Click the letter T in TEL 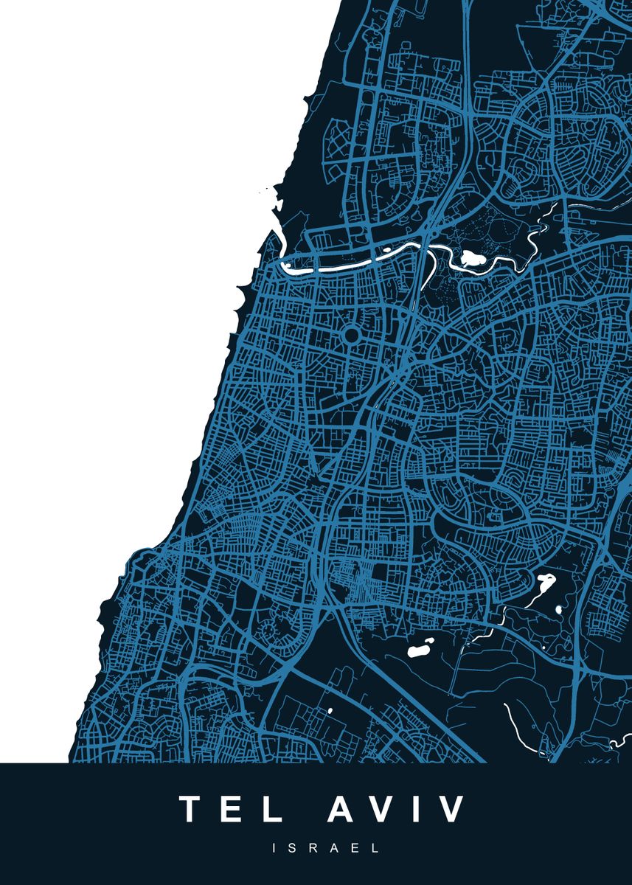[x=194, y=809]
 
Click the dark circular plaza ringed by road [x=351, y=336]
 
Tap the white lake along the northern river [x=470, y=258]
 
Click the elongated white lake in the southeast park [x=546, y=584]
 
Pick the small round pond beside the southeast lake [x=558, y=610]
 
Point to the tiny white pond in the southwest [x=330, y=711]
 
